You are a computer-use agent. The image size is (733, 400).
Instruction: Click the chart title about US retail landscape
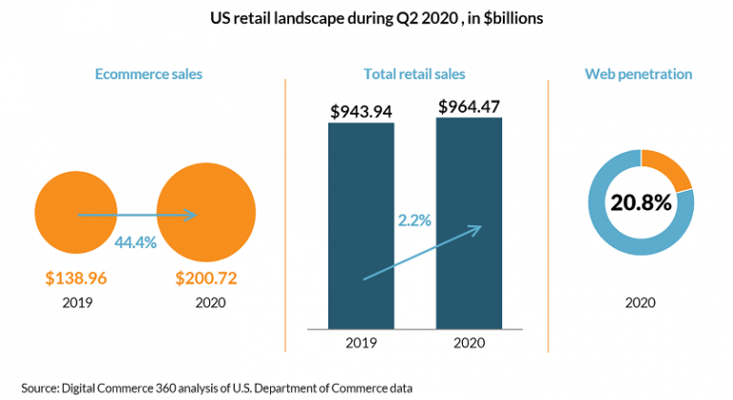click(376, 19)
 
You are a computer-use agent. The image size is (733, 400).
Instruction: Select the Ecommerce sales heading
click(149, 74)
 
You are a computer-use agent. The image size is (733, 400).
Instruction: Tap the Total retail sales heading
click(414, 74)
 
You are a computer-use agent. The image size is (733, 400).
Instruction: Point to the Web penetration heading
click(639, 74)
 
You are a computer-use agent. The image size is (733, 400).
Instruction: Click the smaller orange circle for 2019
click(75, 212)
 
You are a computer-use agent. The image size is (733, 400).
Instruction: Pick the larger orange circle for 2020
click(206, 212)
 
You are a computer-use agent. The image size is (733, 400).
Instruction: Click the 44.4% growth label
click(136, 242)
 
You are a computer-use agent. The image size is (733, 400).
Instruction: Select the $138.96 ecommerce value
click(76, 278)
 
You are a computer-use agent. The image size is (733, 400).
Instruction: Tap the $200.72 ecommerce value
click(206, 278)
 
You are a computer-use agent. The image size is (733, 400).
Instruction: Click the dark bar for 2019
click(361, 226)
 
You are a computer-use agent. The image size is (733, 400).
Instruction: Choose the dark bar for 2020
click(469, 223)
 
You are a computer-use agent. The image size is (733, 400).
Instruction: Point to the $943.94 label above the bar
click(361, 112)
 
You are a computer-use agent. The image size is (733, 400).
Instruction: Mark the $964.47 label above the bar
click(469, 107)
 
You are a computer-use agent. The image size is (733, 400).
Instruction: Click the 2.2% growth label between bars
click(414, 220)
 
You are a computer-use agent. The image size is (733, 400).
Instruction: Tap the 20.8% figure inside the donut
click(641, 202)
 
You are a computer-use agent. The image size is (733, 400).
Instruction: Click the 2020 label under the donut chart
click(640, 303)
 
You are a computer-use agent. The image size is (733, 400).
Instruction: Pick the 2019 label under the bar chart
click(361, 343)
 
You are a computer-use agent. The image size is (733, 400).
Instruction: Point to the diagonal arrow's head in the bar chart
click(481, 226)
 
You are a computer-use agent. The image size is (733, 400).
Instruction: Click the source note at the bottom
click(217, 389)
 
